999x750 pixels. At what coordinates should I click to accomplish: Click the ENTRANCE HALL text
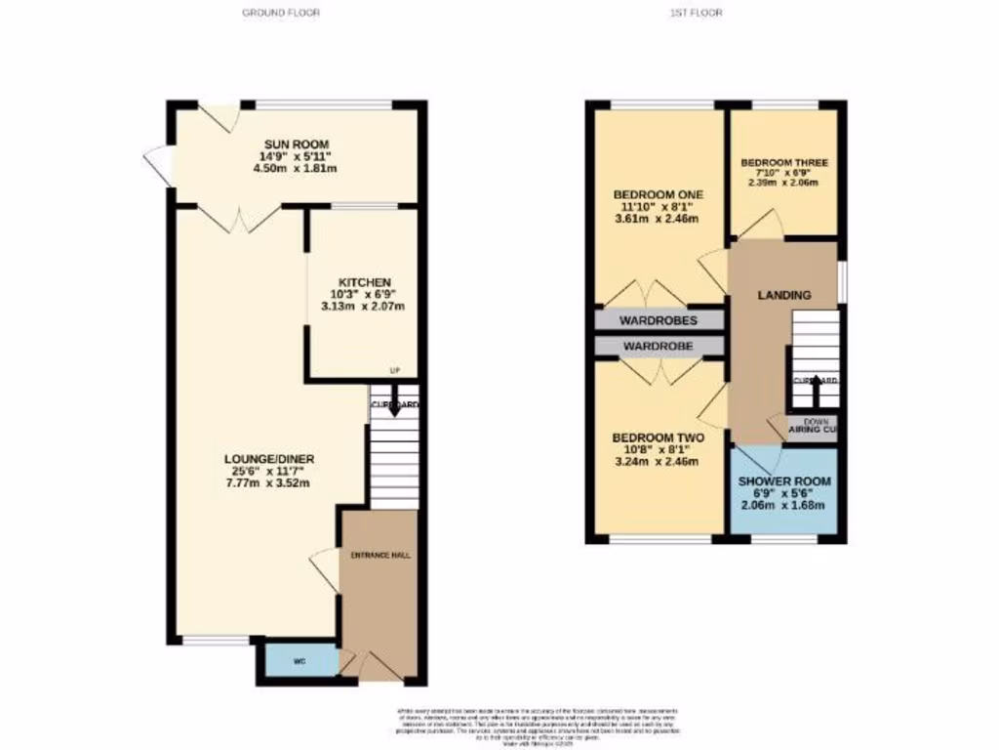coord(380,555)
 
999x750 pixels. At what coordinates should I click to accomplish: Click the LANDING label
coord(784,295)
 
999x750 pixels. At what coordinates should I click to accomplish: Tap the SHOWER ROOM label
coord(783,481)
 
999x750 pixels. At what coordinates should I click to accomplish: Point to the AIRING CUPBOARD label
coord(816,428)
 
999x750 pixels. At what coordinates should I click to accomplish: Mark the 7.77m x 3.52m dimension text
coord(267,482)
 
